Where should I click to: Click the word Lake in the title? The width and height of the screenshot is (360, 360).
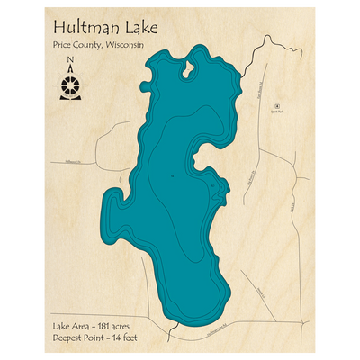click(139, 28)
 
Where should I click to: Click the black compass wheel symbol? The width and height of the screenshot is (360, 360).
click(70, 85)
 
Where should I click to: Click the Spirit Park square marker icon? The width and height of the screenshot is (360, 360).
click(277, 105)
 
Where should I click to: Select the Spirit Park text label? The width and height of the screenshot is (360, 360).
click(277, 112)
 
